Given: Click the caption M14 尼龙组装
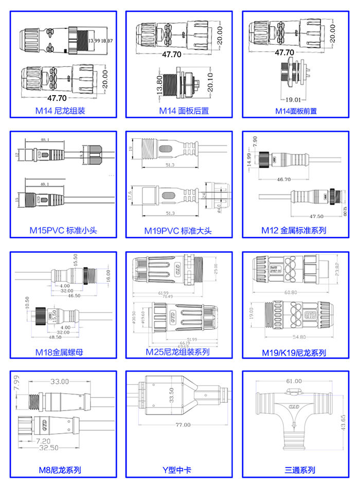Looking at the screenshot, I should pos(60,111).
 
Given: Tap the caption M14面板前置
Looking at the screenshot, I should pos(296,111).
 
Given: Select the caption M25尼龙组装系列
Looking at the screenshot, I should pos(178,352).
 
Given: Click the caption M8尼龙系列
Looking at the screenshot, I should pos(60,470).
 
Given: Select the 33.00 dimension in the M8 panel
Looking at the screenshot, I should pos(59,381).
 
